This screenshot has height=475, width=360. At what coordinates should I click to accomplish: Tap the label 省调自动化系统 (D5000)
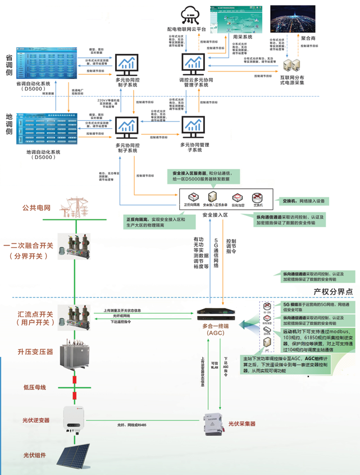click(x=30, y=85)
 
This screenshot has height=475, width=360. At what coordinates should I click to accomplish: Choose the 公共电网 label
click(x=36, y=207)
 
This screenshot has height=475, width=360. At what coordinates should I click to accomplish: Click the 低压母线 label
click(x=35, y=387)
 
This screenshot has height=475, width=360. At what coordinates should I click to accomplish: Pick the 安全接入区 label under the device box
click(x=215, y=215)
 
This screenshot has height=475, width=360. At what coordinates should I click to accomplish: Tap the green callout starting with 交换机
click(x=303, y=200)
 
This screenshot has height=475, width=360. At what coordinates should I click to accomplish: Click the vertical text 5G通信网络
click(x=216, y=251)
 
